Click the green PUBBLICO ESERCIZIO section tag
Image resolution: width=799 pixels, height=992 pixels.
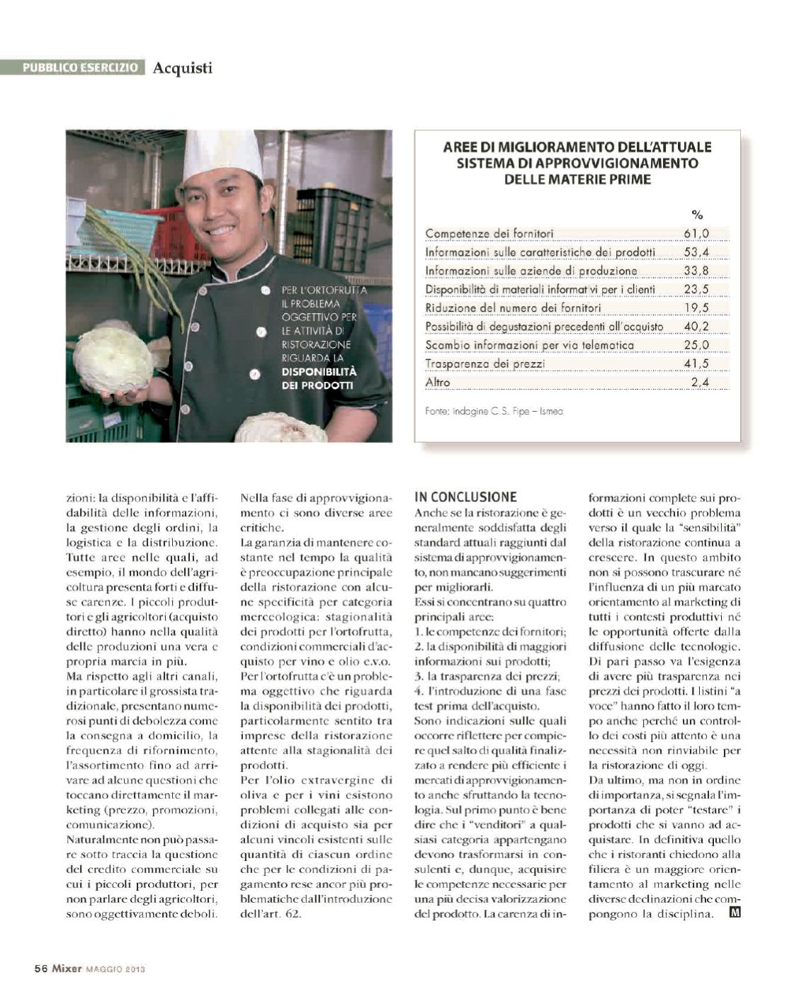[80, 67]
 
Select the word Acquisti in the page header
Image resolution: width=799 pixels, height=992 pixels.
[182, 68]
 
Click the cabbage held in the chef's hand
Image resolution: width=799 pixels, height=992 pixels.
[113, 359]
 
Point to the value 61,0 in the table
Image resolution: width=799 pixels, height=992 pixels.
[696, 233]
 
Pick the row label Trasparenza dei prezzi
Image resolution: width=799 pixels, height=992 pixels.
[485, 363]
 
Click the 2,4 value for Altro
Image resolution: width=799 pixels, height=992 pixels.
[699, 382]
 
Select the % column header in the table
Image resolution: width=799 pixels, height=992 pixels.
[696, 215]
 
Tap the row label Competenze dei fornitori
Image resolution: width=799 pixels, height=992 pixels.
[489, 233]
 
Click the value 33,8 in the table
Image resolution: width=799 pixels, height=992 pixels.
[696, 270]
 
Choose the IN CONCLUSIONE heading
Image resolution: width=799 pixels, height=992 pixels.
[465, 497]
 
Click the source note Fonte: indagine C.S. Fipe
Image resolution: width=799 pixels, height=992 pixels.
[494, 411]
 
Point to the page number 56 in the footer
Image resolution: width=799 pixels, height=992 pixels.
[40, 969]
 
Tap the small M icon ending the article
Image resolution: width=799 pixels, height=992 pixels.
[735, 913]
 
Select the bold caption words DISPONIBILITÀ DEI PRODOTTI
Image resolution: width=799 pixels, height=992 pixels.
[319, 378]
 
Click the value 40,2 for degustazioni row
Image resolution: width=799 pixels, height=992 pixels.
[696, 326]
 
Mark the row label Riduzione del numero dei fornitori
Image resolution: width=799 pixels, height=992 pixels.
[513, 308]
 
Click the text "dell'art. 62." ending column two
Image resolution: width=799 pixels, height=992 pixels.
[271, 913]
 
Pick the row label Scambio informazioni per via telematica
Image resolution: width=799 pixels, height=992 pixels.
[529, 345]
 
